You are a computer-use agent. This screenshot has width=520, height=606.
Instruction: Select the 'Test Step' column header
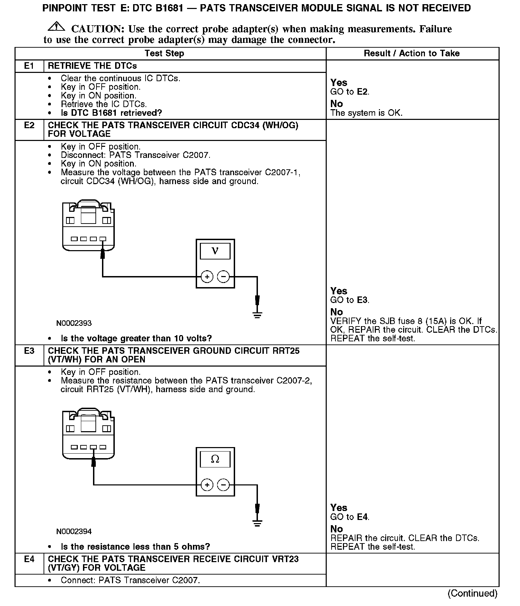164,54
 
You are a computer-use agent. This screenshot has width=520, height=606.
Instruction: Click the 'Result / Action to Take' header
411,54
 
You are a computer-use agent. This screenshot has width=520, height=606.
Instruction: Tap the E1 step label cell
29,66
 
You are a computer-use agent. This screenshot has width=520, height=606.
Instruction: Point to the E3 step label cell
29,351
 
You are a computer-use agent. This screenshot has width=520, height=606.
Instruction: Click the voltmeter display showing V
215,251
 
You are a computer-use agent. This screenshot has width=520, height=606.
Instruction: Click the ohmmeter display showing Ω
215,460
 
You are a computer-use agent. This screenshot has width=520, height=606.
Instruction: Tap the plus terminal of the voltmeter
207,277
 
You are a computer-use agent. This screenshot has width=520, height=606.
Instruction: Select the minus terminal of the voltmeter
223,277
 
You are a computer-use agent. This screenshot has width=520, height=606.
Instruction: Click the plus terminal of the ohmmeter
207,485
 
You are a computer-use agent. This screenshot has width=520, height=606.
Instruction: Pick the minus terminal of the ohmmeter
223,485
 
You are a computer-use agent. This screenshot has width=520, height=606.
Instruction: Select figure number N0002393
74,323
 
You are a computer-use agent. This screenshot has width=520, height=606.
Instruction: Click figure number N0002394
74,531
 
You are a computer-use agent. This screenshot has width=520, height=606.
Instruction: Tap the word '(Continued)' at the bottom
472,593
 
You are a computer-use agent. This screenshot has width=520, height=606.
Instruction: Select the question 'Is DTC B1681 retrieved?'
111,113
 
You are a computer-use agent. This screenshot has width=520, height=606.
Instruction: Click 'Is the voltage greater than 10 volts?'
136,338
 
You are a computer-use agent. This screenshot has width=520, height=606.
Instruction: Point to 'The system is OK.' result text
366,113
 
